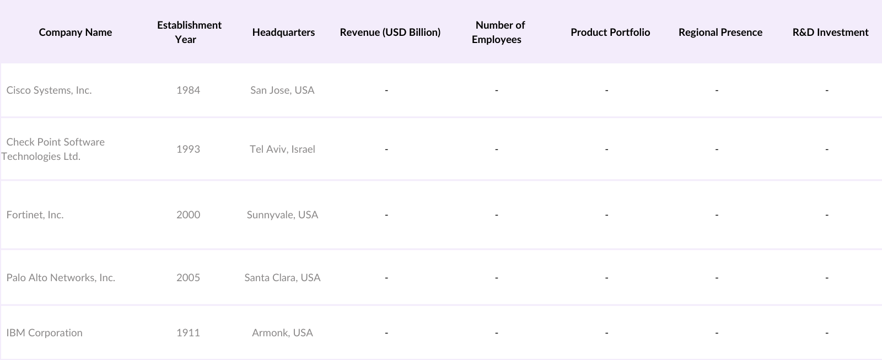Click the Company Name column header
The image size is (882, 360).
(76, 33)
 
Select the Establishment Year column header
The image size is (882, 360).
(189, 32)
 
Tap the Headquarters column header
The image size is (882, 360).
(283, 33)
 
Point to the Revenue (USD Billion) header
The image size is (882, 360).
(390, 33)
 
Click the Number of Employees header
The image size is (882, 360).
(498, 32)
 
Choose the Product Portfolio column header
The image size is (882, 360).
(610, 33)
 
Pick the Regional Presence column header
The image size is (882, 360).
(720, 33)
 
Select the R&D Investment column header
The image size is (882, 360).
(830, 33)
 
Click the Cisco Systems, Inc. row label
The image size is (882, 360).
(49, 90)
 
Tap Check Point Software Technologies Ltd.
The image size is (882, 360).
(54, 149)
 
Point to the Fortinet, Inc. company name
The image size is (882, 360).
(35, 215)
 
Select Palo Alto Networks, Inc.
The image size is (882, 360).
(61, 278)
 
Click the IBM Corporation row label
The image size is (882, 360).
(45, 333)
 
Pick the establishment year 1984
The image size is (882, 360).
(188, 90)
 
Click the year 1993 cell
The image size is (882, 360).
(188, 149)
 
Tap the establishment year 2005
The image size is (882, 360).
(188, 278)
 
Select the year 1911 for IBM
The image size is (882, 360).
(188, 333)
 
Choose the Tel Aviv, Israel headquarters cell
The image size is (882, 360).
(282, 149)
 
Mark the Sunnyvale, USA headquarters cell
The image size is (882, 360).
(282, 215)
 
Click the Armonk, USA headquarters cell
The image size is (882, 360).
(282, 333)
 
